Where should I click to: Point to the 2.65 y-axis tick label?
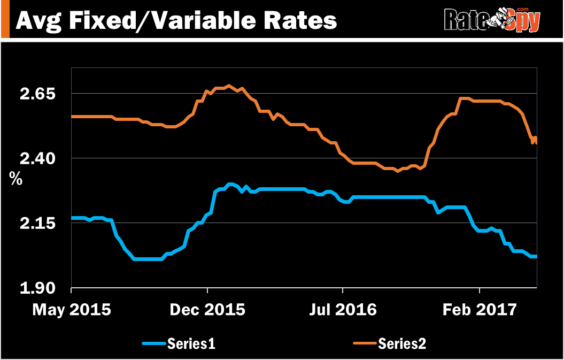click(38, 94)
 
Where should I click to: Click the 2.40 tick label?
click(38, 158)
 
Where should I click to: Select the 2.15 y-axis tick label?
click(38, 223)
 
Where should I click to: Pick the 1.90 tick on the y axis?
click(38, 289)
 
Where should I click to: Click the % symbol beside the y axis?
click(16, 179)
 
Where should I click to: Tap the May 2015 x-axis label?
click(72, 310)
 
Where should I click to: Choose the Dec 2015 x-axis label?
click(208, 310)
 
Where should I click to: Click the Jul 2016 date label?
click(343, 310)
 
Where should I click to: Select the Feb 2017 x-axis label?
click(480, 310)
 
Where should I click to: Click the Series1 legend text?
click(191, 343)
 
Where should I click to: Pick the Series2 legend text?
click(402, 343)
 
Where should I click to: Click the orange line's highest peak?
click(228, 86)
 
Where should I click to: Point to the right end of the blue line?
click(536, 257)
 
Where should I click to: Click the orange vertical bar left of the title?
click(5, 19)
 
